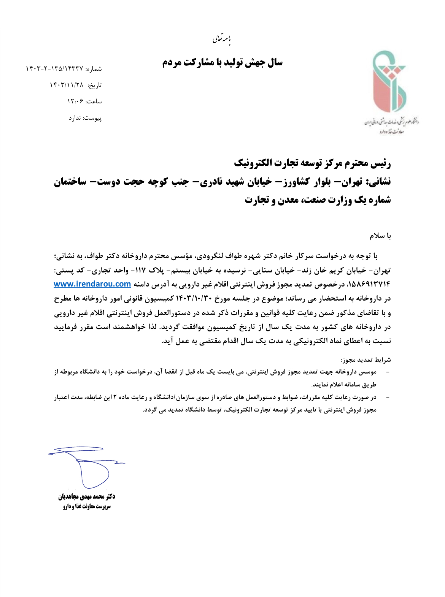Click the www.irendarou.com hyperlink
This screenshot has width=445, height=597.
tap(92, 284)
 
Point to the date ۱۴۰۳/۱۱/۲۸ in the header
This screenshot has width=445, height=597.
tap(66, 85)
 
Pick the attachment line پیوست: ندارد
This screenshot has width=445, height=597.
tap(85, 118)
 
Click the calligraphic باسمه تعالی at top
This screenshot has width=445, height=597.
tap(222, 38)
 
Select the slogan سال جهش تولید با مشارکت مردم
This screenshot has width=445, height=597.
tap(222, 63)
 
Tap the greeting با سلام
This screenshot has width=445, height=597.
tap(380, 236)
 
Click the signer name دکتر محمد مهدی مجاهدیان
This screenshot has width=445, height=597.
tap(87, 497)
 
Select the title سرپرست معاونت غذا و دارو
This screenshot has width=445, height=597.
tap(87, 507)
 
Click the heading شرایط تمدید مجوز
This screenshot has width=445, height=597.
tap(366, 359)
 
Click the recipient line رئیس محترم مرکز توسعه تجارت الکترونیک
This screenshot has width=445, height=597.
tap(312, 163)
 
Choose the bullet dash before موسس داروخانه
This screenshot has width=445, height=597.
tap(388, 372)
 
